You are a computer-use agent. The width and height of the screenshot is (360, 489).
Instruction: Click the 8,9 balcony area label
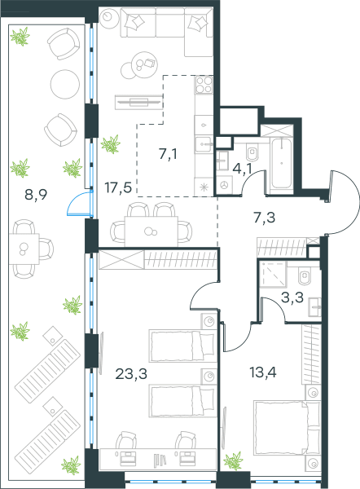[x=36, y=195]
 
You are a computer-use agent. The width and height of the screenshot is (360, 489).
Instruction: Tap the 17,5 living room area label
[x=118, y=187]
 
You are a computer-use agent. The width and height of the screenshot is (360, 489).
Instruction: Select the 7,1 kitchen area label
[x=169, y=154]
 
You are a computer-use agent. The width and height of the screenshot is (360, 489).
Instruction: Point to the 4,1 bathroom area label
[x=243, y=169]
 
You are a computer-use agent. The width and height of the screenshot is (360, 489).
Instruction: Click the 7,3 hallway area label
[x=265, y=218]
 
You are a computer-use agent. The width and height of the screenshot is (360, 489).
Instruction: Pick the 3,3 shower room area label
[x=292, y=297]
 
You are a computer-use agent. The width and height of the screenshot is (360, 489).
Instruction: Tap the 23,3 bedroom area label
[x=131, y=373]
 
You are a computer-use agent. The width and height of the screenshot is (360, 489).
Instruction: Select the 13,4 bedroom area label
[x=263, y=372]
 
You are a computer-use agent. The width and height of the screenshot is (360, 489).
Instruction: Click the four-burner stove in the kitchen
[x=204, y=85]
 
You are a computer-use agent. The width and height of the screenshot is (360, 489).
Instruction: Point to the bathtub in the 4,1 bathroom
[x=282, y=163]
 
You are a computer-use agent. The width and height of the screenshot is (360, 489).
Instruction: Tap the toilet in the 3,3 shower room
[x=304, y=276]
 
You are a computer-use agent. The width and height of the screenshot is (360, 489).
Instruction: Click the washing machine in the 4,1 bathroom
[x=225, y=185]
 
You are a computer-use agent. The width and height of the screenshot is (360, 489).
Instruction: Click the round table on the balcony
[x=65, y=84]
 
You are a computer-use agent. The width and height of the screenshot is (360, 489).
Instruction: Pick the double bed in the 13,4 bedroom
[x=287, y=427]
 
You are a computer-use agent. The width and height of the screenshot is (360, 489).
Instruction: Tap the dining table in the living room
[x=151, y=231]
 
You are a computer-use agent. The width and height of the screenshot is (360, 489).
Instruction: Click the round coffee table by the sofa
[x=145, y=65]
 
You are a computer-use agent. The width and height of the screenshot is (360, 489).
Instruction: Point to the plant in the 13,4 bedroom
[x=233, y=460]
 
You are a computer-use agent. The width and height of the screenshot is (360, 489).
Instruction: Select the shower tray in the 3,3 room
[x=273, y=274]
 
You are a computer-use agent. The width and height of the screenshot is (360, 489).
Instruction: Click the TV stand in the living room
[x=138, y=102]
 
